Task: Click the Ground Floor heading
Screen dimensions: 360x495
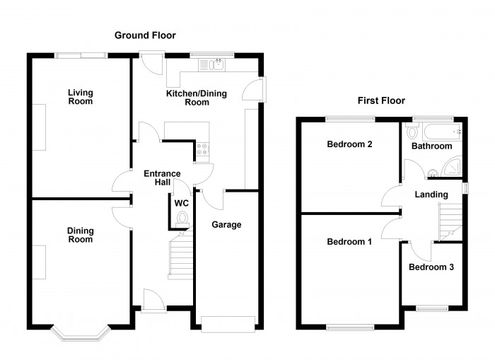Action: pos(146,35)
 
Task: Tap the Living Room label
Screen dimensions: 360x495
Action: pos(80,97)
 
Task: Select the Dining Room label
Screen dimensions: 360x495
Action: pos(80,235)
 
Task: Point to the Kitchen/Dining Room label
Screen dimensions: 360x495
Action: pos(197,98)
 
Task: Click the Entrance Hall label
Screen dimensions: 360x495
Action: pos(162,178)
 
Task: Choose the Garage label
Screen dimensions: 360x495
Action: pos(228,225)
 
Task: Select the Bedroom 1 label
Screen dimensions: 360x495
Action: pos(349,242)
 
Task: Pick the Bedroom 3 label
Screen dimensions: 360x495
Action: pos(431,267)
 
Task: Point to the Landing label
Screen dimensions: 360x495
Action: pos(431,194)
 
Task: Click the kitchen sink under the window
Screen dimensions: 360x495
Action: pos(213,66)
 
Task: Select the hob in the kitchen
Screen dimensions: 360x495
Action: pos(203,149)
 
